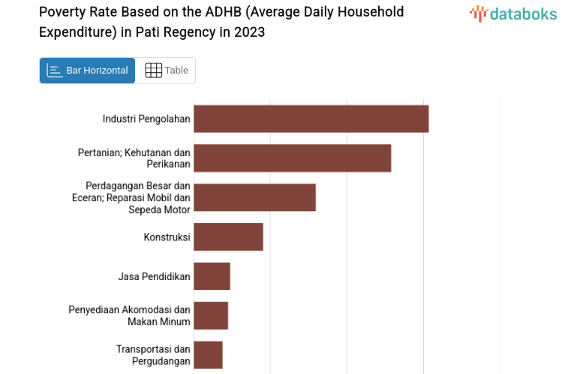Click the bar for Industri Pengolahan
coord(311,119)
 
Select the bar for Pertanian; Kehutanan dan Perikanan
coord(292,158)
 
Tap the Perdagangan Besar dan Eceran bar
coord(254,197)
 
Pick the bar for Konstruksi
coord(228,237)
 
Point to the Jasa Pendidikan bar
coord(212,276)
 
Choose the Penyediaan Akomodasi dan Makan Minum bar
coord(211,315)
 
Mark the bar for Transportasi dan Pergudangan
coord(208,354)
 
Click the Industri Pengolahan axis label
coord(146,119)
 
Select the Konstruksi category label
coord(167,237)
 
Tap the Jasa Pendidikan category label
coord(154,276)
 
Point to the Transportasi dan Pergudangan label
coord(153,355)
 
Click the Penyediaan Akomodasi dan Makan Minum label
coord(129,315)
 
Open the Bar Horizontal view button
coord(87,71)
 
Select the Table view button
coord(166,71)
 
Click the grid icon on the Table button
coord(153,71)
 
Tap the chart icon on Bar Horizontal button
coord(54,71)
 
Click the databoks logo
coord(512,13)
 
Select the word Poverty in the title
coord(62,12)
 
